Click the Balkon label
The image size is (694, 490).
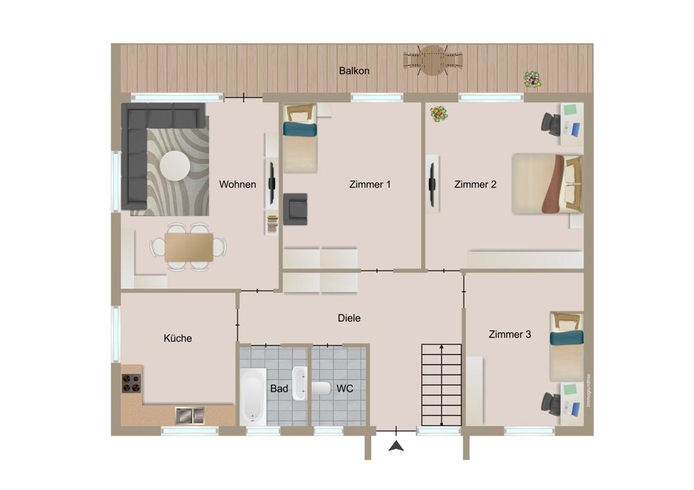[354, 71]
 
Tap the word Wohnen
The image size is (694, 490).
[237, 184]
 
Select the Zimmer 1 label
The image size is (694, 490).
[370, 184]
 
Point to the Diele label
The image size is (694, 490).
[349, 318]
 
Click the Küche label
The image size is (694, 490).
[178, 338]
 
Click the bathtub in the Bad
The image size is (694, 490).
[253, 396]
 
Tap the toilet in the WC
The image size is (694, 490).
[321, 388]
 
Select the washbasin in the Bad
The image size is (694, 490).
[300, 383]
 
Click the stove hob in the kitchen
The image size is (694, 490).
[131, 383]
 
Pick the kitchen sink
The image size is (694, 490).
[190, 415]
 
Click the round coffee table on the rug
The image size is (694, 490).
[175, 166]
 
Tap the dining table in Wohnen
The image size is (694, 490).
[189, 247]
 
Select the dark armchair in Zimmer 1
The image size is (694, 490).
[295, 209]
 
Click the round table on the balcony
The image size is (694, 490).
[433, 60]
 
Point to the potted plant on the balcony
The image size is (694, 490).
[533, 80]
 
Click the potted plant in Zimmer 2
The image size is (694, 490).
[439, 114]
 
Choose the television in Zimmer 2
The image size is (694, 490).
[432, 184]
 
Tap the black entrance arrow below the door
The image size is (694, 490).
[396, 446]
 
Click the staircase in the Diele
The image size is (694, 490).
[441, 385]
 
